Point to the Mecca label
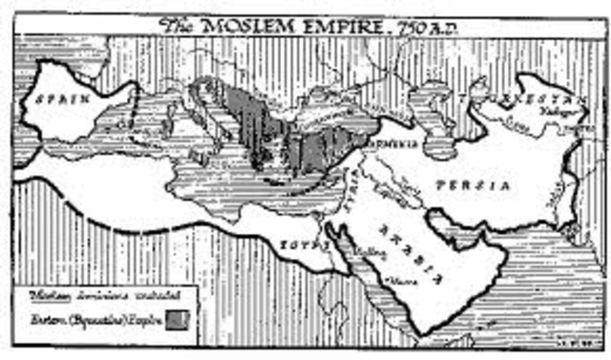pos(394,281)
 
